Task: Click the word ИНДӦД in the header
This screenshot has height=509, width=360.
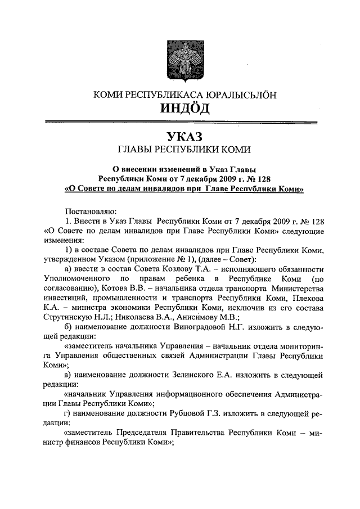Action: tap(180, 107)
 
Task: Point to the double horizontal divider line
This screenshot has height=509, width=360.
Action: tap(180, 121)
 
